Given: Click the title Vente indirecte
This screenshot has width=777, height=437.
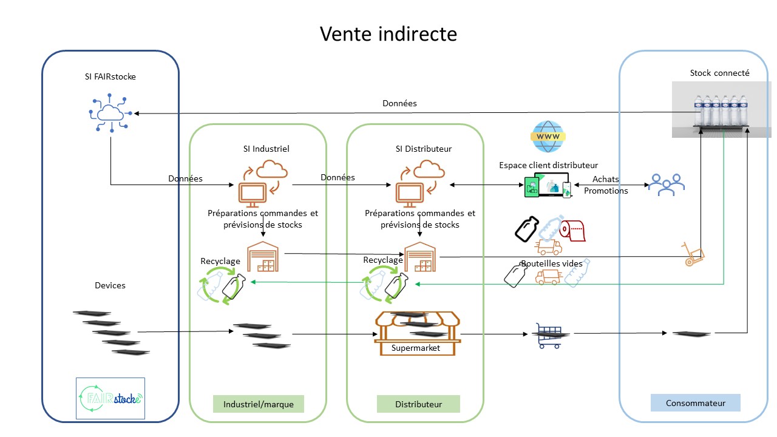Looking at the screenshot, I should (x=388, y=34).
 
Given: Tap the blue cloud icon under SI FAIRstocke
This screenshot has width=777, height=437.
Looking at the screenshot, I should (x=110, y=113).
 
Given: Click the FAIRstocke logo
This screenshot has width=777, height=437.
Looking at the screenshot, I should (x=110, y=398).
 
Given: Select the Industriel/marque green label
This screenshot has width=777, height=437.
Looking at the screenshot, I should (x=258, y=404).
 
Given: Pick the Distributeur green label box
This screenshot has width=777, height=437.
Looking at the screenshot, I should (x=418, y=404).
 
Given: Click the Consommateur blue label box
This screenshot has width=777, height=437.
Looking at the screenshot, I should (x=695, y=403).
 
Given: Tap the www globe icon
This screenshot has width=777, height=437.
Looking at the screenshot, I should (x=548, y=137).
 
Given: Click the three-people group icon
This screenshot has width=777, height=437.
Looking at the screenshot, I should (x=665, y=184).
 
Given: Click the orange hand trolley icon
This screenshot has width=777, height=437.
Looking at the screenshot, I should (x=693, y=254).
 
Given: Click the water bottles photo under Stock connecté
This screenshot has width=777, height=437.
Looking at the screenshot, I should (x=721, y=109).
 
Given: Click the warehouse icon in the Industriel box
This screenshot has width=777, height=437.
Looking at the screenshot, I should (x=263, y=256).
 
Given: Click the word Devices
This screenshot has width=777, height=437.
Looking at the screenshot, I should (x=110, y=285).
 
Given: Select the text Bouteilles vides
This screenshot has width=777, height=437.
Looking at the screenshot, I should (x=551, y=263).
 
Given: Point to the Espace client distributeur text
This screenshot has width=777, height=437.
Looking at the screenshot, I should (x=548, y=165).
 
